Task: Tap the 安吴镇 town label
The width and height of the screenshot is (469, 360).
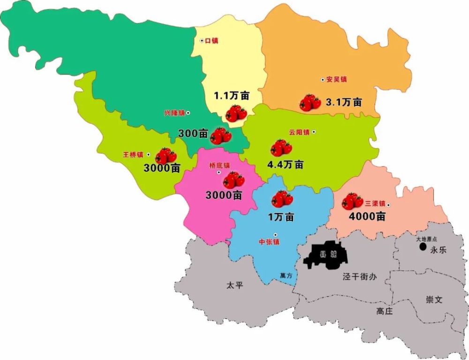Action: click(336, 80)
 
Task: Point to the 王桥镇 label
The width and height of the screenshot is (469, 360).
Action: click(133, 154)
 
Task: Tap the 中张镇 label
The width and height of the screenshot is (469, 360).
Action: click(269, 242)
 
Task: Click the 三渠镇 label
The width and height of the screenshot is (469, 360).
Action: click(376, 204)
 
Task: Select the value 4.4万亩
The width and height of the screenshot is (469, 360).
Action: click(285, 165)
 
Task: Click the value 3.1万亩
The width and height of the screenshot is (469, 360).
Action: click(344, 102)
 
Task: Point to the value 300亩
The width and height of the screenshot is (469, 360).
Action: click(193, 134)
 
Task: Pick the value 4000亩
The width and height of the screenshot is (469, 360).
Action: click(367, 217)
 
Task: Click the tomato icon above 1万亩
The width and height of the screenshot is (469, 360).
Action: click(282, 199)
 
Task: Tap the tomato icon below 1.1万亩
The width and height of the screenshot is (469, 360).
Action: click(235, 113)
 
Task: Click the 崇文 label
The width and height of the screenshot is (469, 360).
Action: click(434, 300)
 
